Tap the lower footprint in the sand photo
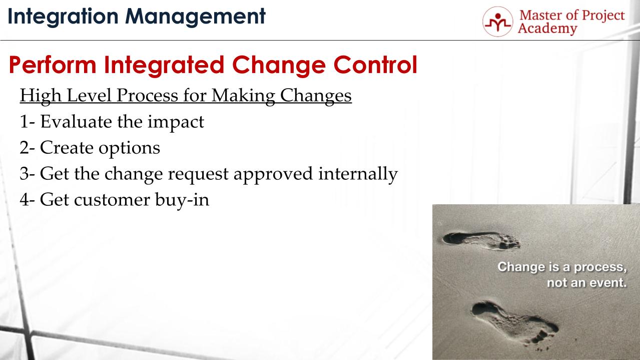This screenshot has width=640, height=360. tap(515, 320)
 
